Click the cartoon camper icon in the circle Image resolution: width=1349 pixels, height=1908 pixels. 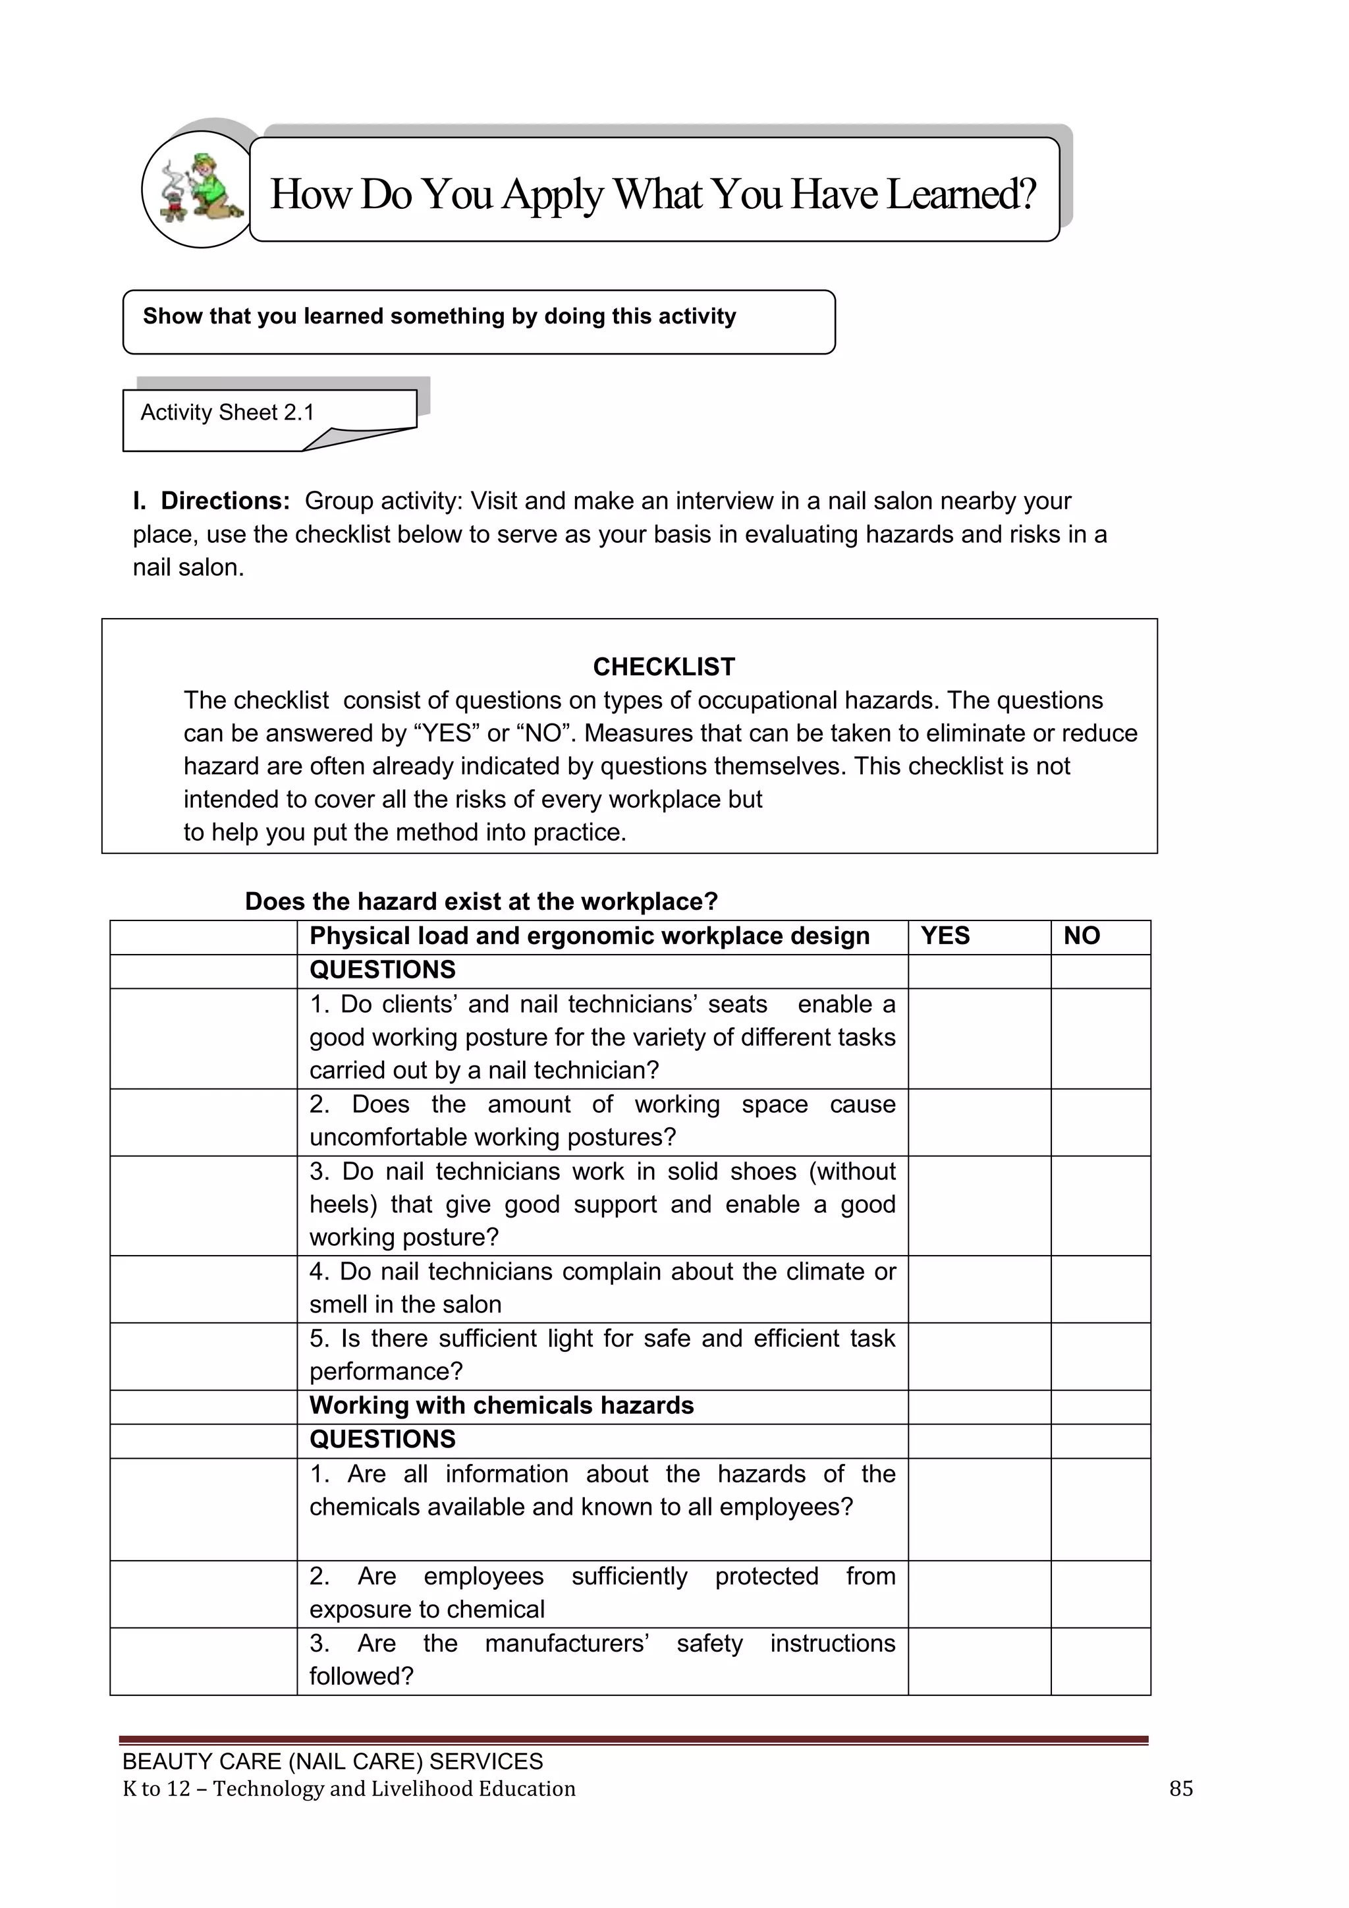[x=202, y=190]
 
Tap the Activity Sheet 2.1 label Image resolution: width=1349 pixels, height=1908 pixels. [x=227, y=413]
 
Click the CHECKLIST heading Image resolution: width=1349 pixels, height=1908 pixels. [x=664, y=667]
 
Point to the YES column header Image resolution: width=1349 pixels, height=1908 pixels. [x=945, y=936]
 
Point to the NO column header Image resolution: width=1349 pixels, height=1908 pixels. [x=1081, y=936]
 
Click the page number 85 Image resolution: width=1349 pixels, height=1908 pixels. [x=1180, y=1788]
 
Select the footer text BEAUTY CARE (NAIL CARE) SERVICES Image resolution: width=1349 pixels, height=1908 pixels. [x=332, y=1761]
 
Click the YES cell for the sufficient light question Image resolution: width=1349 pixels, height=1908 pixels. [x=979, y=1355]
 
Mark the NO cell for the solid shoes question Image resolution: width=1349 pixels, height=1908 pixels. [x=1100, y=1205]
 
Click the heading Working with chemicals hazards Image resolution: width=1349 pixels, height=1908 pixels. [x=501, y=1405]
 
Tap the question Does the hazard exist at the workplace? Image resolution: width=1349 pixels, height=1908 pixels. [x=481, y=902]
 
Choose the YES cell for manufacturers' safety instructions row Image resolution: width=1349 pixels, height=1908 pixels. [x=979, y=1660]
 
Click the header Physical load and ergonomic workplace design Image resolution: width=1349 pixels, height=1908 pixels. [x=589, y=936]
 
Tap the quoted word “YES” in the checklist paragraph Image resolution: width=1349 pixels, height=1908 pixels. [x=446, y=733]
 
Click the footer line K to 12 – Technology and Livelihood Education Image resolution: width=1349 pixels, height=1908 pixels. [x=349, y=1788]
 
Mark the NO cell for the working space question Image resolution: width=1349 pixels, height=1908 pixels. [x=1100, y=1121]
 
